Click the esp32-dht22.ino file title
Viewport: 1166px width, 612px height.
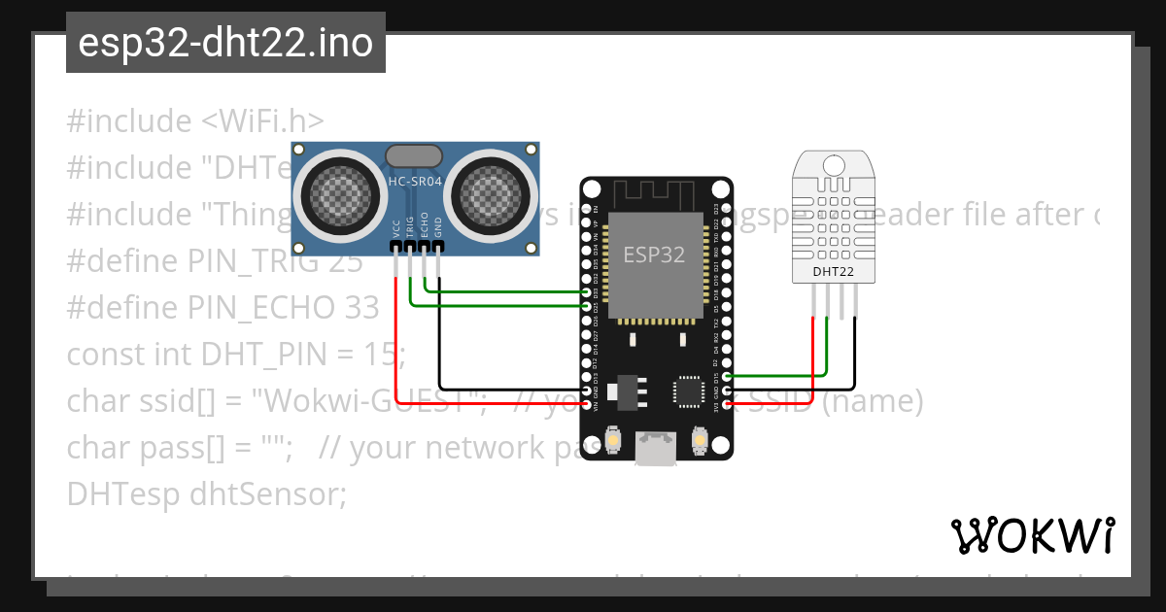click(225, 43)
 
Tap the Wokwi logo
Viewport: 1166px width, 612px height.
click(1031, 535)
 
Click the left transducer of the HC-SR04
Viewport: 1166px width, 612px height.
click(335, 191)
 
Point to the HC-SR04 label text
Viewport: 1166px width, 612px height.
click(416, 181)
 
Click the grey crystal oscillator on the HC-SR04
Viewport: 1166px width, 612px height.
click(415, 155)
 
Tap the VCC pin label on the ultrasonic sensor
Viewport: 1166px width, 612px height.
click(396, 228)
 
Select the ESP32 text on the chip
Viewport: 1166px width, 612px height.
click(654, 255)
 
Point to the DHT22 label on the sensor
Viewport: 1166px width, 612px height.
click(833, 272)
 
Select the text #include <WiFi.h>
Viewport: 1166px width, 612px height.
click(195, 121)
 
